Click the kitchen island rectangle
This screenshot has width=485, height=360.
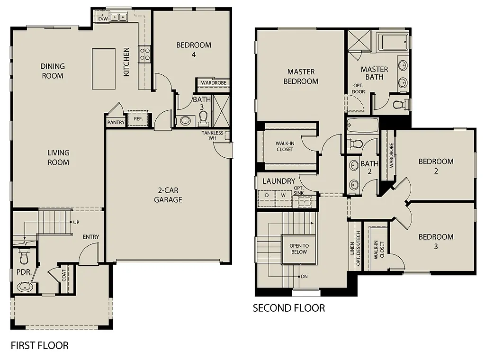104,68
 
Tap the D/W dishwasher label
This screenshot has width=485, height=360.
103,19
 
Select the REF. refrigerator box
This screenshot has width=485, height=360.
138,119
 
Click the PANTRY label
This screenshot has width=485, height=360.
116,123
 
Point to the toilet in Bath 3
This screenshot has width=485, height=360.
204,117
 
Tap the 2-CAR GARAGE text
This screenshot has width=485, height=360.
168,195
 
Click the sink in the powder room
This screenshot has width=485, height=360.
24,287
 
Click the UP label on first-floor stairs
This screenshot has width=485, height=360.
75,222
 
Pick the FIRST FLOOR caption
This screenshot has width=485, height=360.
40,345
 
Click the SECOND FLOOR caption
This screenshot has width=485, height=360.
289,308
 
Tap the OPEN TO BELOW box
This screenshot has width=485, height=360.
299,249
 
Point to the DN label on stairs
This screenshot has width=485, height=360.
304,276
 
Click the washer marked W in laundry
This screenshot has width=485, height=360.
283,195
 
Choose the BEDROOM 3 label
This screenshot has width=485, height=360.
436,242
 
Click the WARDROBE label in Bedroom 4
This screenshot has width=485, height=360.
213,83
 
